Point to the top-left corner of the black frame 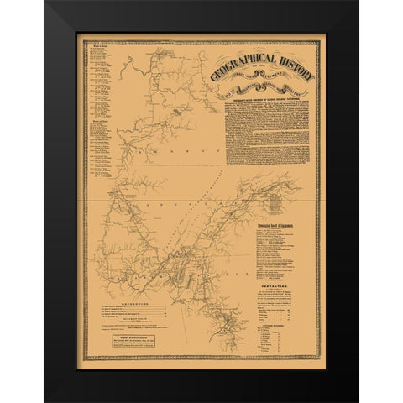click(x=46, y=3)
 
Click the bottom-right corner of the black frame click(x=358, y=400)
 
